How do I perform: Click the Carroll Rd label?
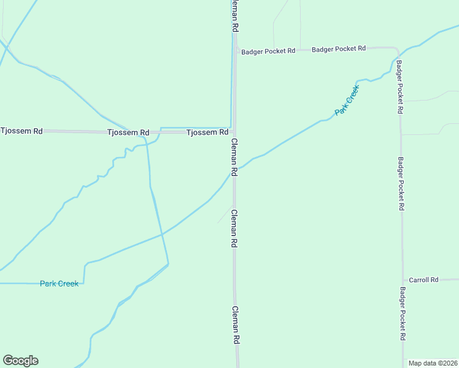(423, 280)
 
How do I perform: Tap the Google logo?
(20, 361)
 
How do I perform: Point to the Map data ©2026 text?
(433, 363)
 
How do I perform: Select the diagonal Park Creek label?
(347, 100)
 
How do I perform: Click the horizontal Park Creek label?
(59, 283)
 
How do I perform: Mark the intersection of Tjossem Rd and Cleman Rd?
(234, 132)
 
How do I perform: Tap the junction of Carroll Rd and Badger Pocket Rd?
(403, 280)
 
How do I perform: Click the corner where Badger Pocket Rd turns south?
(398, 49)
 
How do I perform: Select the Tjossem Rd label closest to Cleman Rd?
(207, 132)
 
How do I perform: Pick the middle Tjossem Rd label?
(128, 132)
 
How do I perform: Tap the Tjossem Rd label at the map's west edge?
(21, 131)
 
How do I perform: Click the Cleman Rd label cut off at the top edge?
(234, 16)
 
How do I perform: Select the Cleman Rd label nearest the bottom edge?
(235, 325)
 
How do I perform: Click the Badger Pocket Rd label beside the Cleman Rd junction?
(268, 52)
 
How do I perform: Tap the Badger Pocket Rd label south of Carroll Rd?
(403, 314)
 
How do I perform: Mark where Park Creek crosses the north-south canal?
(162, 234)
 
